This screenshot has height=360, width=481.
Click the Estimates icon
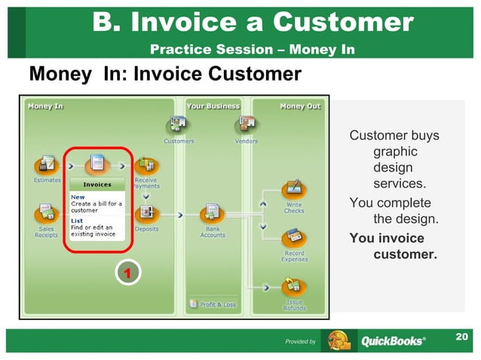pyautogui.click(x=47, y=164)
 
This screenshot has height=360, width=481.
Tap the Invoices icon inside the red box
pyautogui.click(x=97, y=163)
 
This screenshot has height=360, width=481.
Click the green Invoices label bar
pyautogui.click(x=97, y=185)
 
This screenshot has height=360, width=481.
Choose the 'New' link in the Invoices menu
pyautogui.click(x=78, y=197)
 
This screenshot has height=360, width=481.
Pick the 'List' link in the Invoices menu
pyautogui.click(x=77, y=221)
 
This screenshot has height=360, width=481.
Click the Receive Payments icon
pyautogui.click(x=146, y=164)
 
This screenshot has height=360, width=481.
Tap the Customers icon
pyautogui.click(x=179, y=124)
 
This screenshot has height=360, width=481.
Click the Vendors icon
pyautogui.click(x=247, y=124)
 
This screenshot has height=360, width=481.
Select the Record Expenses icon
pyautogui.click(x=294, y=238)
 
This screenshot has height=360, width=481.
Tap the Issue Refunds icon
pyautogui.click(x=294, y=287)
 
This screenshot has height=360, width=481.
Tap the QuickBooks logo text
pyautogui.click(x=392, y=341)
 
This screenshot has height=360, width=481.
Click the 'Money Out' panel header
pyautogui.click(x=299, y=106)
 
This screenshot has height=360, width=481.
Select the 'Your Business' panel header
pyautogui.click(x=213, y=106)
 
